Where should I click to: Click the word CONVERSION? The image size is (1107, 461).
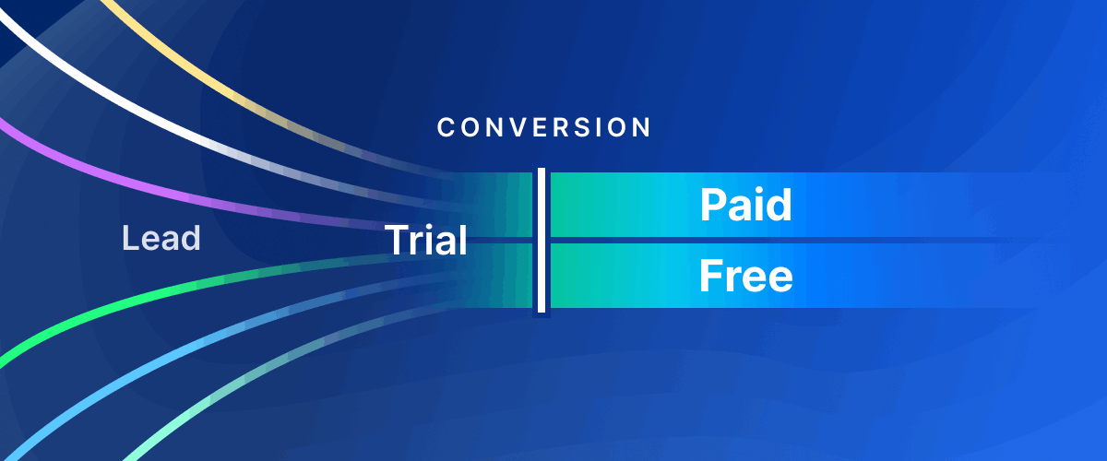coord(544,127)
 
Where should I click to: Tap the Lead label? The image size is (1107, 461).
coord(161,240)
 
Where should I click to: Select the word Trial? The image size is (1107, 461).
coord(425,241)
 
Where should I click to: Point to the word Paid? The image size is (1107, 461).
coord(745,205)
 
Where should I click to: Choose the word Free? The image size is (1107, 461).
coord(745,276)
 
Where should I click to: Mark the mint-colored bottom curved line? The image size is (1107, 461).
coord(184,415)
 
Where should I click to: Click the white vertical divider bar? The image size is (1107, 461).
coord(542,240)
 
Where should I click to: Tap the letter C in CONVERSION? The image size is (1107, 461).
coord(446,127)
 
